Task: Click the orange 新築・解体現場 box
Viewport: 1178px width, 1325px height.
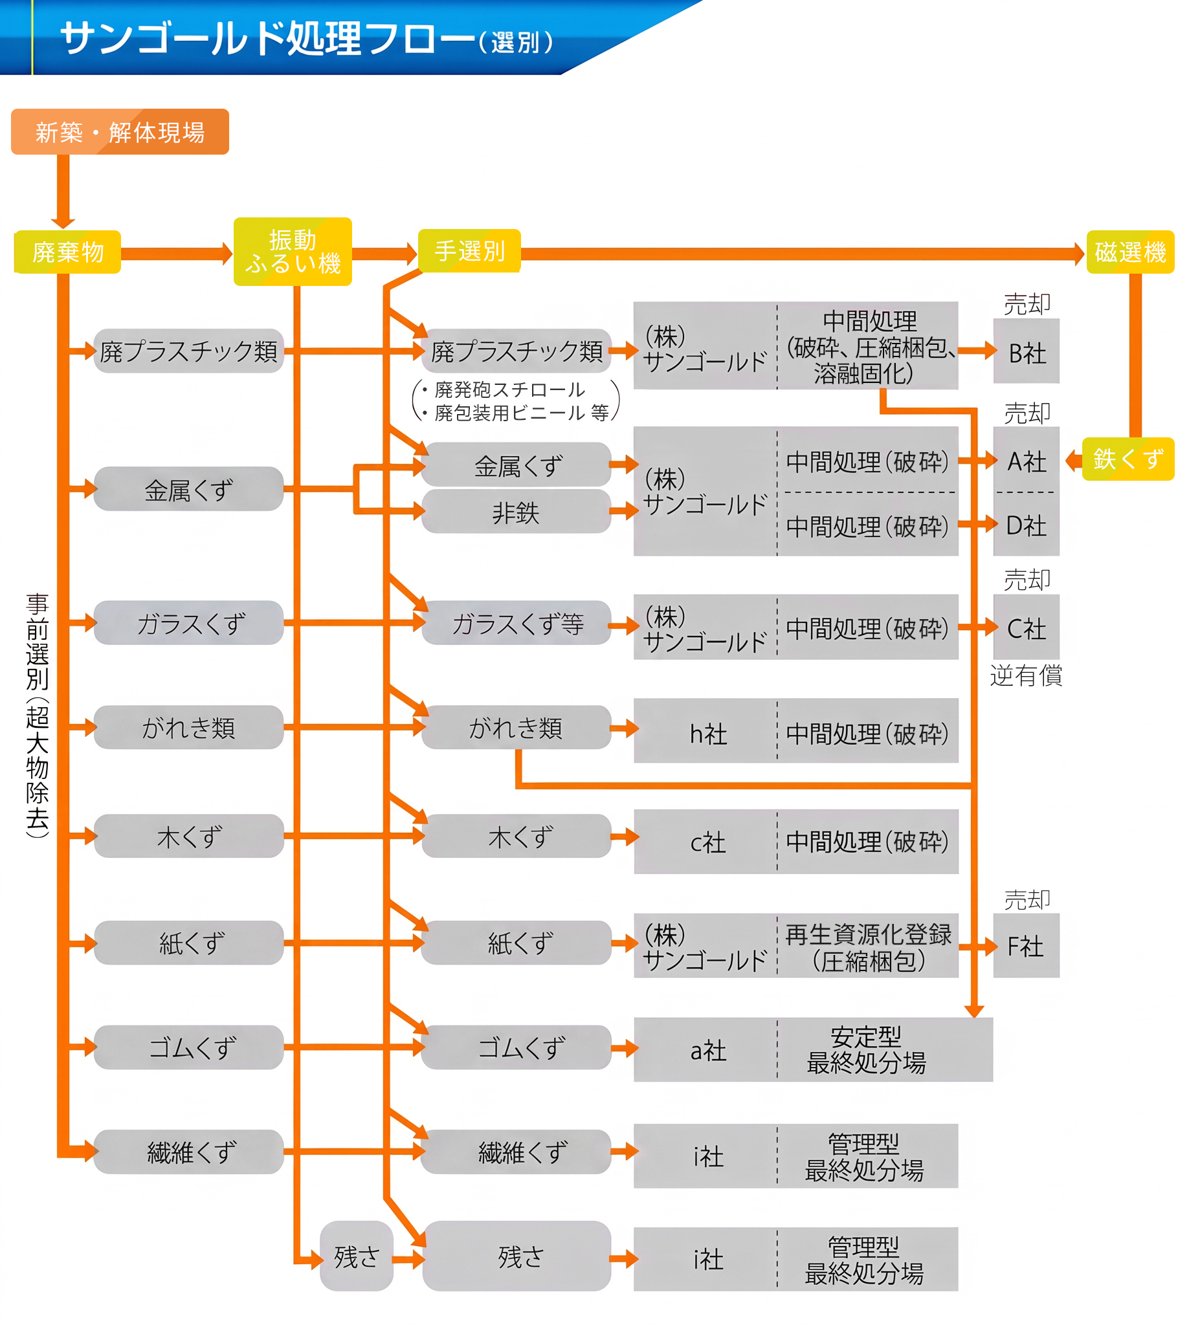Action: coord(120,131)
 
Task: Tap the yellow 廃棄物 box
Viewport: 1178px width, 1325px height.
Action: coord(67,252)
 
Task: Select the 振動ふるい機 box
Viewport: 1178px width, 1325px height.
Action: coord(293,252)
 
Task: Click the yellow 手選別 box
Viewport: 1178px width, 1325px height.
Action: coord(470,251)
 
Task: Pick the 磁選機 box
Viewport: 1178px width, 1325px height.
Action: coord(1131,252)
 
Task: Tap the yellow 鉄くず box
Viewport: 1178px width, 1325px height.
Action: coord(1128,459)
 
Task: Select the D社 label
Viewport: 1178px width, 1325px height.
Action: coord(1026,526)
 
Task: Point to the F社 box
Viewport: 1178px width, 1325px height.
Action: coord(1026,946)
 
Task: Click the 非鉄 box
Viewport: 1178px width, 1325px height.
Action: coord(517,512)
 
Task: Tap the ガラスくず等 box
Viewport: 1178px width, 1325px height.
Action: coord(517,623)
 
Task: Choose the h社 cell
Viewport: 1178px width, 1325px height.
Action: coord(706,731)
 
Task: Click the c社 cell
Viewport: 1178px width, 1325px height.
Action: coord(706,842)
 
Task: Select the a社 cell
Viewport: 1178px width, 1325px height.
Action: coord(706,1050)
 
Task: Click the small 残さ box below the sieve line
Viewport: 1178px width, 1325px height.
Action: coord(357,1256)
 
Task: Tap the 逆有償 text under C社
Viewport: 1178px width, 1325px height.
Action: coord(1026,675)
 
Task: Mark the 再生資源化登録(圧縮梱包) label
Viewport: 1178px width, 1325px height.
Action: coord(868,947)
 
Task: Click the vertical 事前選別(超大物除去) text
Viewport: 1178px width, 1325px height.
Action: coord(37,715)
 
